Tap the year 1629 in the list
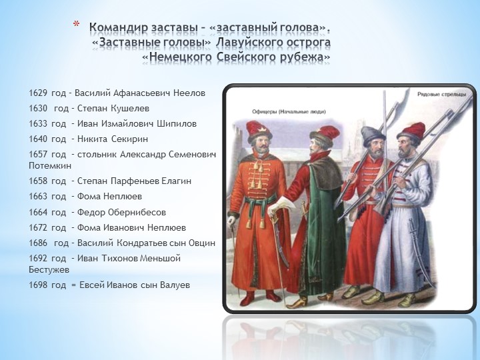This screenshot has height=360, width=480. (x=38, y=93)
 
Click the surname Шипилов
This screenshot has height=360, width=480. (x=177, y=124)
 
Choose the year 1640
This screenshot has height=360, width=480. (x=38, y=139)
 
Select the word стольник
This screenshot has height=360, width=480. (x=97, y=154)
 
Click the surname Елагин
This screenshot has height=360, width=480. (x=176, y=181)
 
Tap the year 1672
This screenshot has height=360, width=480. (x=38, y=228)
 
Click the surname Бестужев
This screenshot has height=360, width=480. (x=49, y=270)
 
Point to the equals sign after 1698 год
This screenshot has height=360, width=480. (x=73, y=285)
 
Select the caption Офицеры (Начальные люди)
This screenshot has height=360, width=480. (x=289, y=111)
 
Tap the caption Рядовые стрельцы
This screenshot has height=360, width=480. (x=441, y=94)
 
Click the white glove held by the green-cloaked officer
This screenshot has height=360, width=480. (x=279, y=206)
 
